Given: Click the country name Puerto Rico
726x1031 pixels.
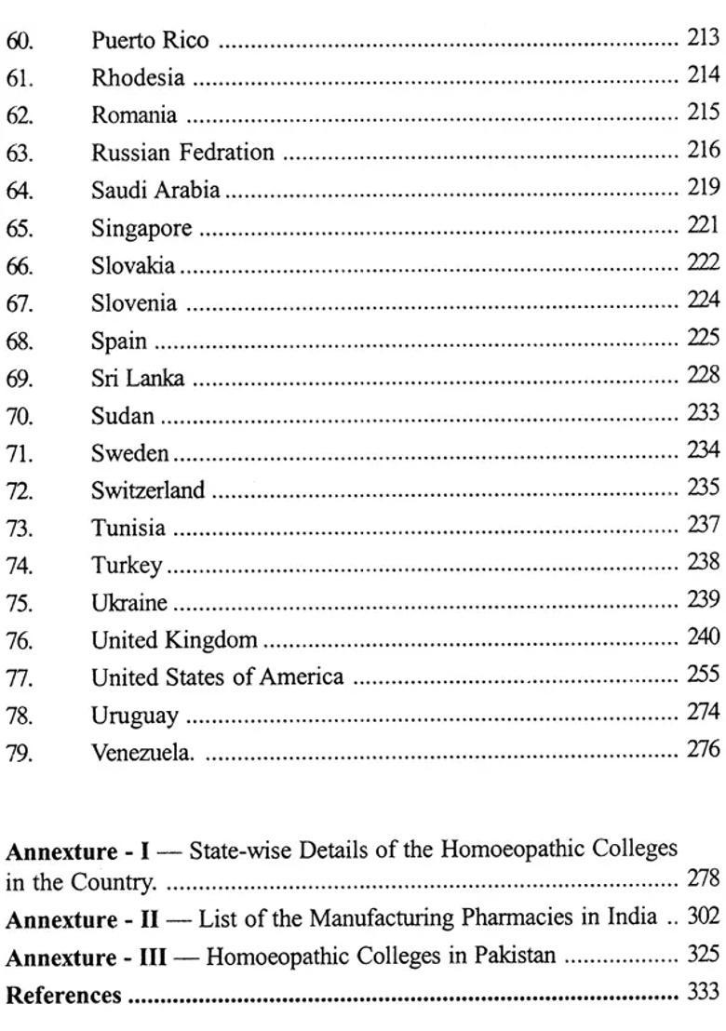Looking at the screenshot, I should point(150,41).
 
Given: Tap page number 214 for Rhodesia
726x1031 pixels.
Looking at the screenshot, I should point(703,75).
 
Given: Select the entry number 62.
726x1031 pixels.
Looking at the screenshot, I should point(20,116).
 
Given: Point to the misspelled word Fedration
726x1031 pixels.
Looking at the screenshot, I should point(232,153).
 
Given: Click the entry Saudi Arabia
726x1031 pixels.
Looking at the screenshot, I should point(155,191).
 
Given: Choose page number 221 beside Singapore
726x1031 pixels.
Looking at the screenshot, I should point(703,225).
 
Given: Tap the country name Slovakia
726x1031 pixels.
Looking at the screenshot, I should point(133,266).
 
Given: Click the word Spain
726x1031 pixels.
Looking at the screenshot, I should point(118,341).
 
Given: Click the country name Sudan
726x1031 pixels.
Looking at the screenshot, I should point(123,416).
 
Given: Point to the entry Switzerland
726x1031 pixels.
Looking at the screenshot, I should point(148,490).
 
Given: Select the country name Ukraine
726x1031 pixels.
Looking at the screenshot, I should point(129,603).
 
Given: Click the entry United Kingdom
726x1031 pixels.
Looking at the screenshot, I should point(174,640).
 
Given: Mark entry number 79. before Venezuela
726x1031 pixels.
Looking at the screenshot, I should point(20,754).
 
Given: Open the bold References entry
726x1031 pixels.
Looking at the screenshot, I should point(63,996).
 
